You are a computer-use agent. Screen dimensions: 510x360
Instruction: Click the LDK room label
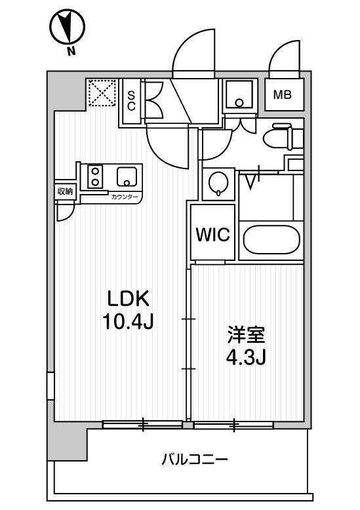(129, 299)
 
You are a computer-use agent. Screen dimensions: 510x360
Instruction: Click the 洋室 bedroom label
(246, 335)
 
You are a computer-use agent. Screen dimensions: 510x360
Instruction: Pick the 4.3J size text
(246, 358)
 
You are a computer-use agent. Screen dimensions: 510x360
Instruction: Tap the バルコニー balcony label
(195, 460)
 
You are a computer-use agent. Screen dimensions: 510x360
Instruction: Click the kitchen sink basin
(126, 176)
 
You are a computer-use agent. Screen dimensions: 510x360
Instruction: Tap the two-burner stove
(96, 176)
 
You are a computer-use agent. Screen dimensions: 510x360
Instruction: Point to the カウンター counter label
(124, 196)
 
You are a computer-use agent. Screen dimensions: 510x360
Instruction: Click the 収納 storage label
(64, 191)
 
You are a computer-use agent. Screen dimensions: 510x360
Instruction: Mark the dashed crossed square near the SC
(102, 92)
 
